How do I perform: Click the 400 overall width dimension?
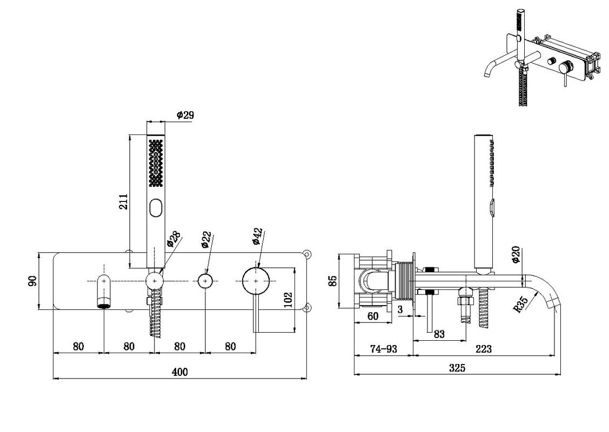pyautogui.click(x=179, y=372)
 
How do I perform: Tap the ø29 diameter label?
pyautogui.click(x=185, y=115)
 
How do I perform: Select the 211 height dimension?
pyautogui.click(x=123, y=201)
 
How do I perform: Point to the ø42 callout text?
pyautogui.click(x=258, y=237)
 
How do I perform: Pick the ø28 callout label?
pyautogui.click(x=173, y=239)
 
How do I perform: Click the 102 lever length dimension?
pyautogui.click(x=288, y=300)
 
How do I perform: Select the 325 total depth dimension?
pyautogui.click(x=457, y=368)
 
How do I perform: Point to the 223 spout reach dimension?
pyautogui.click(x=483, y=349)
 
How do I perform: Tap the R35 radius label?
pyautogui.click(x=520, y=305)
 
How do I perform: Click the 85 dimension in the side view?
pyautogui.click(x=332, y=281)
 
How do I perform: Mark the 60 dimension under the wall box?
pyautogui.click(x=372, y=316)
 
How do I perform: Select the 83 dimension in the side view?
pyautogui.click(x=439, y=334)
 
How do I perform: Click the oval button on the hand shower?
pyautogui.click(x=156, y=208)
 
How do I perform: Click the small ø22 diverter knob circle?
pyautogui.click(x=205, y=281)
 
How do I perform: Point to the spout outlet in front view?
pyautogui.click(x=104, y=305)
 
